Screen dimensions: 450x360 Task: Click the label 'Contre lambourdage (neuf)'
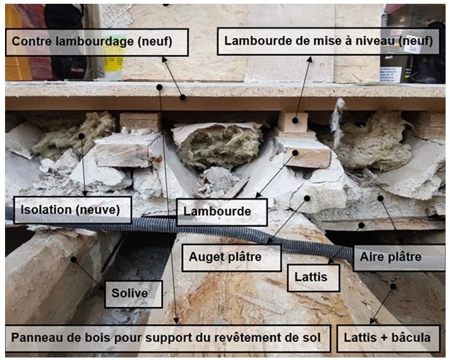[97, 42]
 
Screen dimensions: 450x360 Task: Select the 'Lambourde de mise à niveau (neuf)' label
[328, 41]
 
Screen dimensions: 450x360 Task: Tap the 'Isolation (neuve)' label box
[72, 210]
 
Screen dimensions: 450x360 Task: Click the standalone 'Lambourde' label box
[222, 212]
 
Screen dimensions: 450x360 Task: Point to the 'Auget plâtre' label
[232, 257]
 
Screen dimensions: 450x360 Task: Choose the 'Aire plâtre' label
[399, 257]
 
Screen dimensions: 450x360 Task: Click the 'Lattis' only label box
[313, 278]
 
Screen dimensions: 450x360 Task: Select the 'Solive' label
[133, 294]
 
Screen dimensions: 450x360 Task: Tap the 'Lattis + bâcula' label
[388, 338]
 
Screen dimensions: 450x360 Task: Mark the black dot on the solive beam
[74, 259]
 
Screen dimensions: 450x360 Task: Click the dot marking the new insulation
[82, 136]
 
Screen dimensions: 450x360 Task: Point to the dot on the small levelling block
[295, 121]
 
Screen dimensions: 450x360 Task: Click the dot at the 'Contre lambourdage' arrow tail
[183, 98]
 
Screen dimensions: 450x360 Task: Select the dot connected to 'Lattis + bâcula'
[393, 286]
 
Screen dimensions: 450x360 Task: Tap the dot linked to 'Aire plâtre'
[381, 198]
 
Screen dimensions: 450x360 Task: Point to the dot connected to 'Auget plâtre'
[307, 198]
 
